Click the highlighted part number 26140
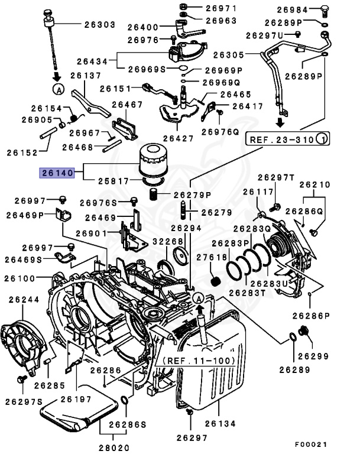pos(56,173)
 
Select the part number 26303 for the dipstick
pos(99,25)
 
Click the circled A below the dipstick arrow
pos(58,89)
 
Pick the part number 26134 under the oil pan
pos(219,423)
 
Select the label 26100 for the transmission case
pos(20,278)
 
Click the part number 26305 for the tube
pos(229,55)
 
